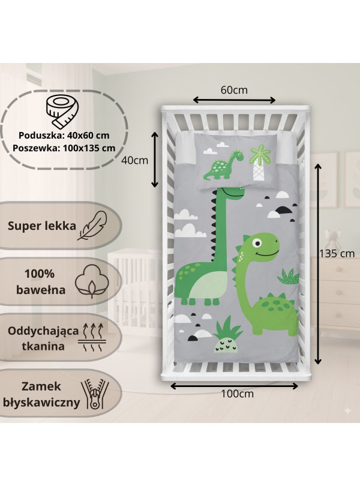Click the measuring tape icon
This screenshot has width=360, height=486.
click(62, 112)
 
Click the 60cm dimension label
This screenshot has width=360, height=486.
click(234, 90)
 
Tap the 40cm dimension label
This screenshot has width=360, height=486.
click(134, 160)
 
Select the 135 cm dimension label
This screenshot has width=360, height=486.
click(337, 254)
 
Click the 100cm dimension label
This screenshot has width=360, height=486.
click(237, 394)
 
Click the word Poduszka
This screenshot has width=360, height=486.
click(38, 136)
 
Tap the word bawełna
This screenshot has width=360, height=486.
click(41, 290)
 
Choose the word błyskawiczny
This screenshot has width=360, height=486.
click(41, 403)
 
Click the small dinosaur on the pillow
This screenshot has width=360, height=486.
click(223, 165)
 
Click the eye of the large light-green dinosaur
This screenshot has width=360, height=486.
click(257, 242)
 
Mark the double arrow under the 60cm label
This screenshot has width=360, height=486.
click(234, 100)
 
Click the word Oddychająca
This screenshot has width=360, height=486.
click(43, 331)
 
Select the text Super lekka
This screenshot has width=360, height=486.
click(42, 226)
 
